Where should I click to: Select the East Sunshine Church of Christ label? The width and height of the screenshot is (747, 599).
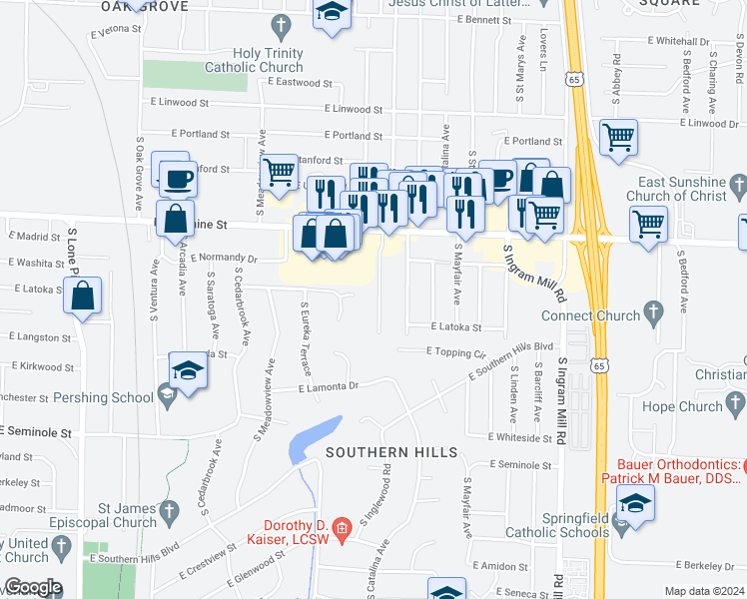point(681,189)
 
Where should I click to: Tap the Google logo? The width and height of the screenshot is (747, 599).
point(32,587)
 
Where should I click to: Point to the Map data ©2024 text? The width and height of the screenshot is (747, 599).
point(704,591)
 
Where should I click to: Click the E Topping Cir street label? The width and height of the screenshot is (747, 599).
point(455,352)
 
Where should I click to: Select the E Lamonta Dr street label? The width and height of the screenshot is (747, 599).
point(328,386)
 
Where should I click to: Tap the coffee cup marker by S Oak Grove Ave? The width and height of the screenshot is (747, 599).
point(176,179)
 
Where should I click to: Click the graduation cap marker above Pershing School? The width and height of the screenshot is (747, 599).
point(187,371)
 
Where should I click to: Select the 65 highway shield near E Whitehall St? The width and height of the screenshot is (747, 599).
point(572,77)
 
